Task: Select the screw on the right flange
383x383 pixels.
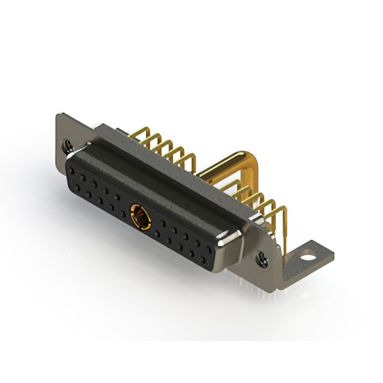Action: click(262, 259)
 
